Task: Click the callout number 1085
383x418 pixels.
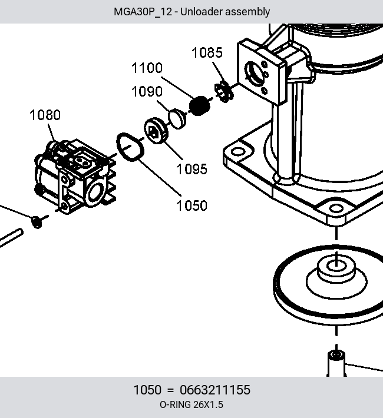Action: point(207,52)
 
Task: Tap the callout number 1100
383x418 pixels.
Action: point(147,68)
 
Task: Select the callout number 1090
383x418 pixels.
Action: point(147,92)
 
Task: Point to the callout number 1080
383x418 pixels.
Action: point(45,115)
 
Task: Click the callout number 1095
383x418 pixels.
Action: point(191,170)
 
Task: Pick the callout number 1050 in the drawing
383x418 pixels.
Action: point(191,206)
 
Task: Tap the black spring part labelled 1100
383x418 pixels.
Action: point(199,106)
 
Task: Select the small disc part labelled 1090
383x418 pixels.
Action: point(177,119)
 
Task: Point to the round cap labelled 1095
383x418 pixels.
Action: point(156,131)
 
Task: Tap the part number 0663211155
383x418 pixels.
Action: point(215,390)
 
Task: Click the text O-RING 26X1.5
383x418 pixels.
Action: point(191,405)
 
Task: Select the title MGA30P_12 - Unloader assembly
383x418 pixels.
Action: point(191,12)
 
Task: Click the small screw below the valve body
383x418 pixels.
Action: point(37,222)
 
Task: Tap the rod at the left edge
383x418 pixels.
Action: point(11,238)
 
